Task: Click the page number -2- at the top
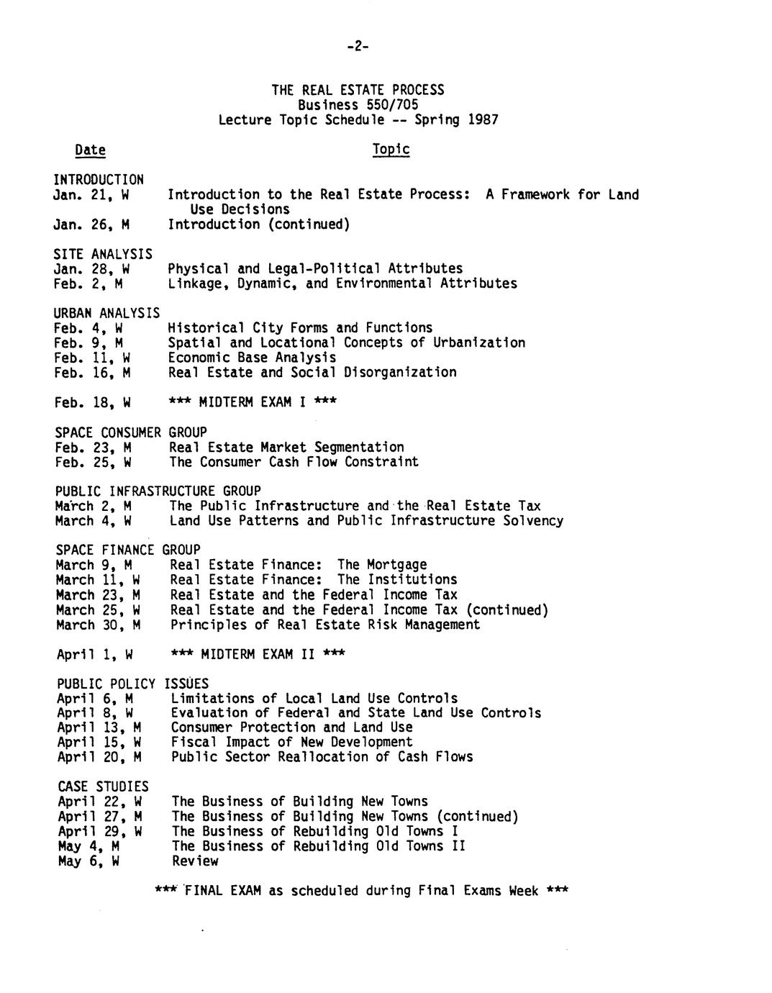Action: (357, 47)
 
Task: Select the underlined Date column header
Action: (90, 150)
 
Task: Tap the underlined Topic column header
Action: (391, 149)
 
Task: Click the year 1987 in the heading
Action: (483, 119)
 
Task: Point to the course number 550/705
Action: (392, 105)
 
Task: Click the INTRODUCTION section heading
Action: (99, 179)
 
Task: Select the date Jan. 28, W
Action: (91, 269)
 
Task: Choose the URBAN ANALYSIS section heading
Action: (106, 313)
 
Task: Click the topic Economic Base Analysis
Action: (252, 358)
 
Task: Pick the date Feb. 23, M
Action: (93, 447)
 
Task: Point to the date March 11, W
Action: (98, 580)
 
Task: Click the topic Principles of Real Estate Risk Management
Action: (325, 625)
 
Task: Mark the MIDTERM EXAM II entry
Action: (258, 654)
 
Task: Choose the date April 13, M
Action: (99, 727)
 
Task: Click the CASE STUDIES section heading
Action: (103, 786)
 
